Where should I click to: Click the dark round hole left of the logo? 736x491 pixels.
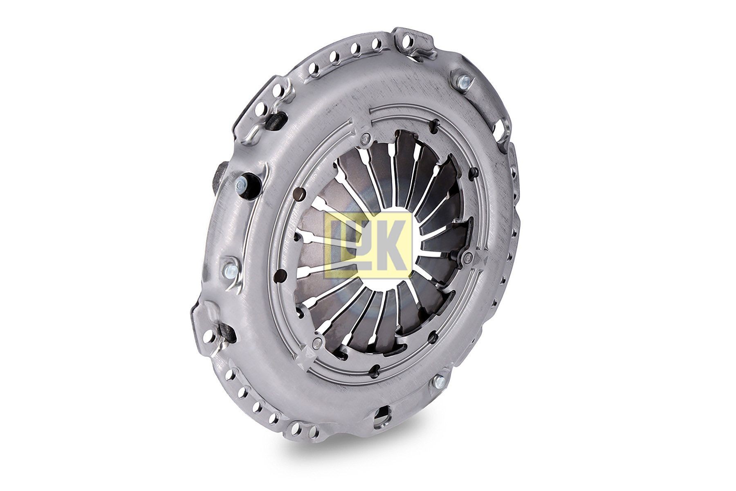tap(279, 274)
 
